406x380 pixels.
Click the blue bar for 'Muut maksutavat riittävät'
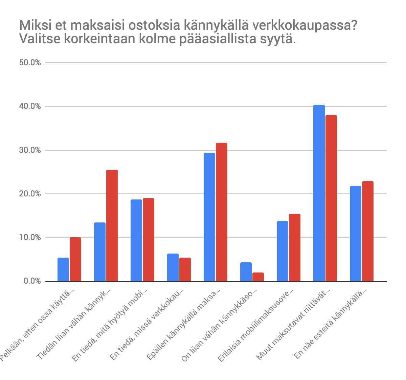(x=319, y=193)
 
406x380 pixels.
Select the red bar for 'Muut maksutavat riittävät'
(x=331, y=198)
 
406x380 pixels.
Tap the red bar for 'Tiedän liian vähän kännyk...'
(x=112, y=225)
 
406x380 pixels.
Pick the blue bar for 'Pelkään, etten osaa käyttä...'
(x=63, y=269)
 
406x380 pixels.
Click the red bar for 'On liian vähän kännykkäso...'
(x=258, y=277)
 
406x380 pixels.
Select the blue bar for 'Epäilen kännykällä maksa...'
(x=209, y=217)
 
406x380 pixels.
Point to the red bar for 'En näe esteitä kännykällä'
(x=367, y=231)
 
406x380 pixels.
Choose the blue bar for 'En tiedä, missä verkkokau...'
(x=173, y=267)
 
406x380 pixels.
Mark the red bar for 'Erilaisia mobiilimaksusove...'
(x=294, y=247)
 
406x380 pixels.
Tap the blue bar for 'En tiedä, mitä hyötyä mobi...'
(x=136, y=240)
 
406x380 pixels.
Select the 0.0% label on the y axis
(x=33, y=282)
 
